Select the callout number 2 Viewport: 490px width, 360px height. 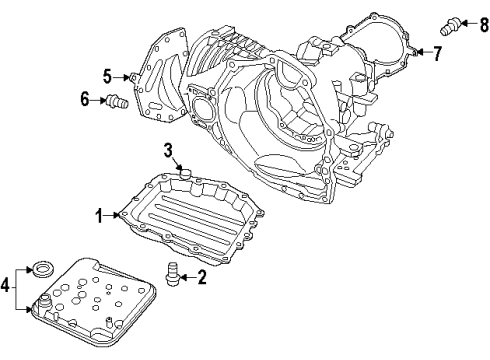[x=202, y=278]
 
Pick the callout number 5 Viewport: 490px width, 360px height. [x=107, y=74]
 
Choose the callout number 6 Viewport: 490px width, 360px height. [x=86, y=98]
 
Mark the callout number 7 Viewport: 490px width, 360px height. [x=437, y=52]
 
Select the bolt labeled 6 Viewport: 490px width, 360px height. [x=117, y=100]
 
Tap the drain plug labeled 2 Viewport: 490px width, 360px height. [x=173, y=271]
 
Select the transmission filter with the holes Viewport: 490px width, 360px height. [x=85, y=305]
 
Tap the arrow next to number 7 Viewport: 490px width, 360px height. [x=423, y=52]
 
